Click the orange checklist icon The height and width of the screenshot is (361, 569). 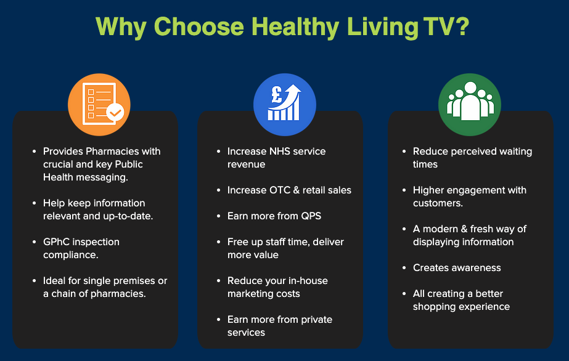[99, 105]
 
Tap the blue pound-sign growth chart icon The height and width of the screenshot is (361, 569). [285, 105]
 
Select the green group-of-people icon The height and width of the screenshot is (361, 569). [470, 105]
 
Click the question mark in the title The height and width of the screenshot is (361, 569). [462, 26]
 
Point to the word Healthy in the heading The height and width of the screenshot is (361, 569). [295, 28]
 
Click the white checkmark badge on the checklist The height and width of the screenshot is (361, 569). [115, 113]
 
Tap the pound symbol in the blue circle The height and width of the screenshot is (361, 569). [277, 94]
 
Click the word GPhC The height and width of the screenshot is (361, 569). [56, 241]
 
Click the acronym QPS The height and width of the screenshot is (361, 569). [311, 216]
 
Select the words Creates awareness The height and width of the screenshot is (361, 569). [457, 268]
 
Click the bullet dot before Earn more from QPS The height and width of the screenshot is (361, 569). [218, 216]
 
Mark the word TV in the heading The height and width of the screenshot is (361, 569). [438, 26]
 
